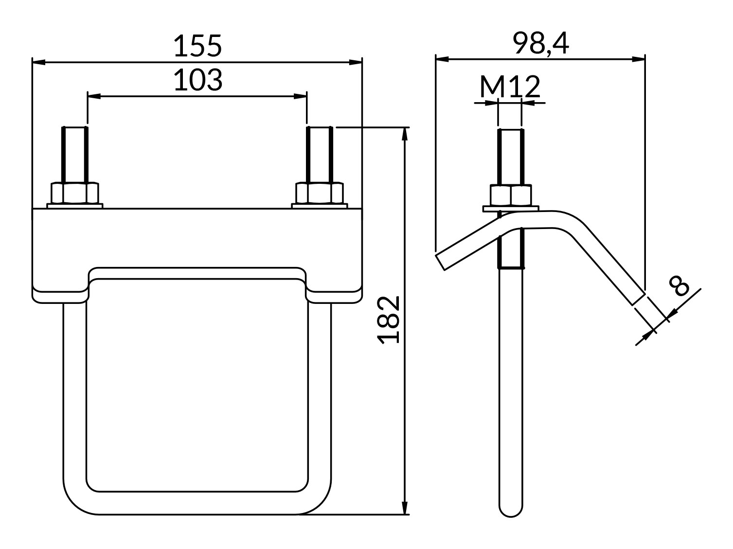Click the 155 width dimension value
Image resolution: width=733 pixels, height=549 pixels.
click(x=197, y=46)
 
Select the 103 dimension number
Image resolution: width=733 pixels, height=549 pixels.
click(x=198, y=80)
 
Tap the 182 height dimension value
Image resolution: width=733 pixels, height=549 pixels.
click(x=388, y=319)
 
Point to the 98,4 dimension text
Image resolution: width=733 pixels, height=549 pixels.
click(x=541, y=43)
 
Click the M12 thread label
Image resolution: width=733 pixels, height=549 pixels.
click(x=510, y=86)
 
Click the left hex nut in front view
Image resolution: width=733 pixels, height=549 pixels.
click(x=75, y=193)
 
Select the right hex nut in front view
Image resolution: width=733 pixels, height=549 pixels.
click(x=320, y=193)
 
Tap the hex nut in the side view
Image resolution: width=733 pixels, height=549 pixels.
click(x=511, y=195)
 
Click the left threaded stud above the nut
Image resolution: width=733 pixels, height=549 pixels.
click(x=75, y=155)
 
